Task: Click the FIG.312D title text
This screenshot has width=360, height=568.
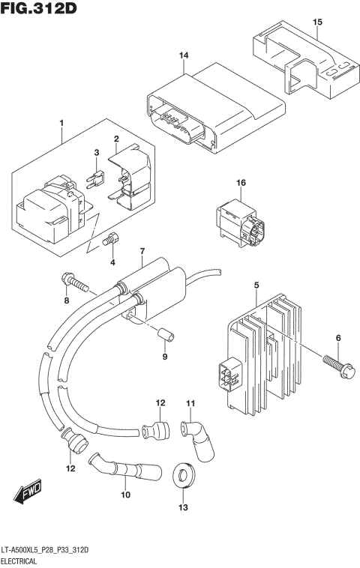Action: [39, 8]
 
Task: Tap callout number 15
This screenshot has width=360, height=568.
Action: [316, 22]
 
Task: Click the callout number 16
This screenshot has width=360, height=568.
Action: [241, 183]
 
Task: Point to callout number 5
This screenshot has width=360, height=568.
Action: [256, 285]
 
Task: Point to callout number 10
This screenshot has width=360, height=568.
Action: [125, 495]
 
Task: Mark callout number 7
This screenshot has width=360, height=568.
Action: [140, 250]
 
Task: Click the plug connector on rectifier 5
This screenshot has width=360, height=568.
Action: [227, 375]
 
